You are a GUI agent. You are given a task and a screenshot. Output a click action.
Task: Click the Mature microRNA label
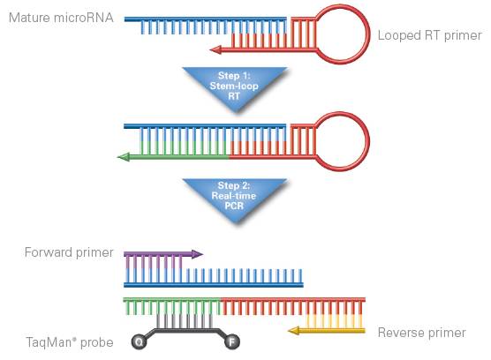61,18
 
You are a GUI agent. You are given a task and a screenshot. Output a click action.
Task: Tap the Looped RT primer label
429,35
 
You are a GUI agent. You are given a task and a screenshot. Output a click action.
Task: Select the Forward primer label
69,252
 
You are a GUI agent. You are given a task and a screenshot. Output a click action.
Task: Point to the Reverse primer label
422,333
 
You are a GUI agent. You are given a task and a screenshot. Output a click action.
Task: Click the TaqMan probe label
70,342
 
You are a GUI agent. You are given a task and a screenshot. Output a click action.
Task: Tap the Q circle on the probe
139,341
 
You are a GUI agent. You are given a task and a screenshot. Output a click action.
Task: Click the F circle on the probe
232,341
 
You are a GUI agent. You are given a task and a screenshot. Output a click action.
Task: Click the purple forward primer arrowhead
197,254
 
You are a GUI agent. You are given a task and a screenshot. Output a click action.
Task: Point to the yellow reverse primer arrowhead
294,331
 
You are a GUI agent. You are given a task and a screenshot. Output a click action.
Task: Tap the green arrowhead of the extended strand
123,157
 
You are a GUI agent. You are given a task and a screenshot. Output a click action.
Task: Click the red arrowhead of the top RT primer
215,49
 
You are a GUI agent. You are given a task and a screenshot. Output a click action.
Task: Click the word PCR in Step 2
234,206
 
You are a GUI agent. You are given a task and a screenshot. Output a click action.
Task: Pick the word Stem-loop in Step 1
234,86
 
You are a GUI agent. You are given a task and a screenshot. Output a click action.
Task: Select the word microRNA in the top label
84,18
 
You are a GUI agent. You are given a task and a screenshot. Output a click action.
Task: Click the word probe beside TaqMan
97,343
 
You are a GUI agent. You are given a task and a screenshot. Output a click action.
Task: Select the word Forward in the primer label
49,252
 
